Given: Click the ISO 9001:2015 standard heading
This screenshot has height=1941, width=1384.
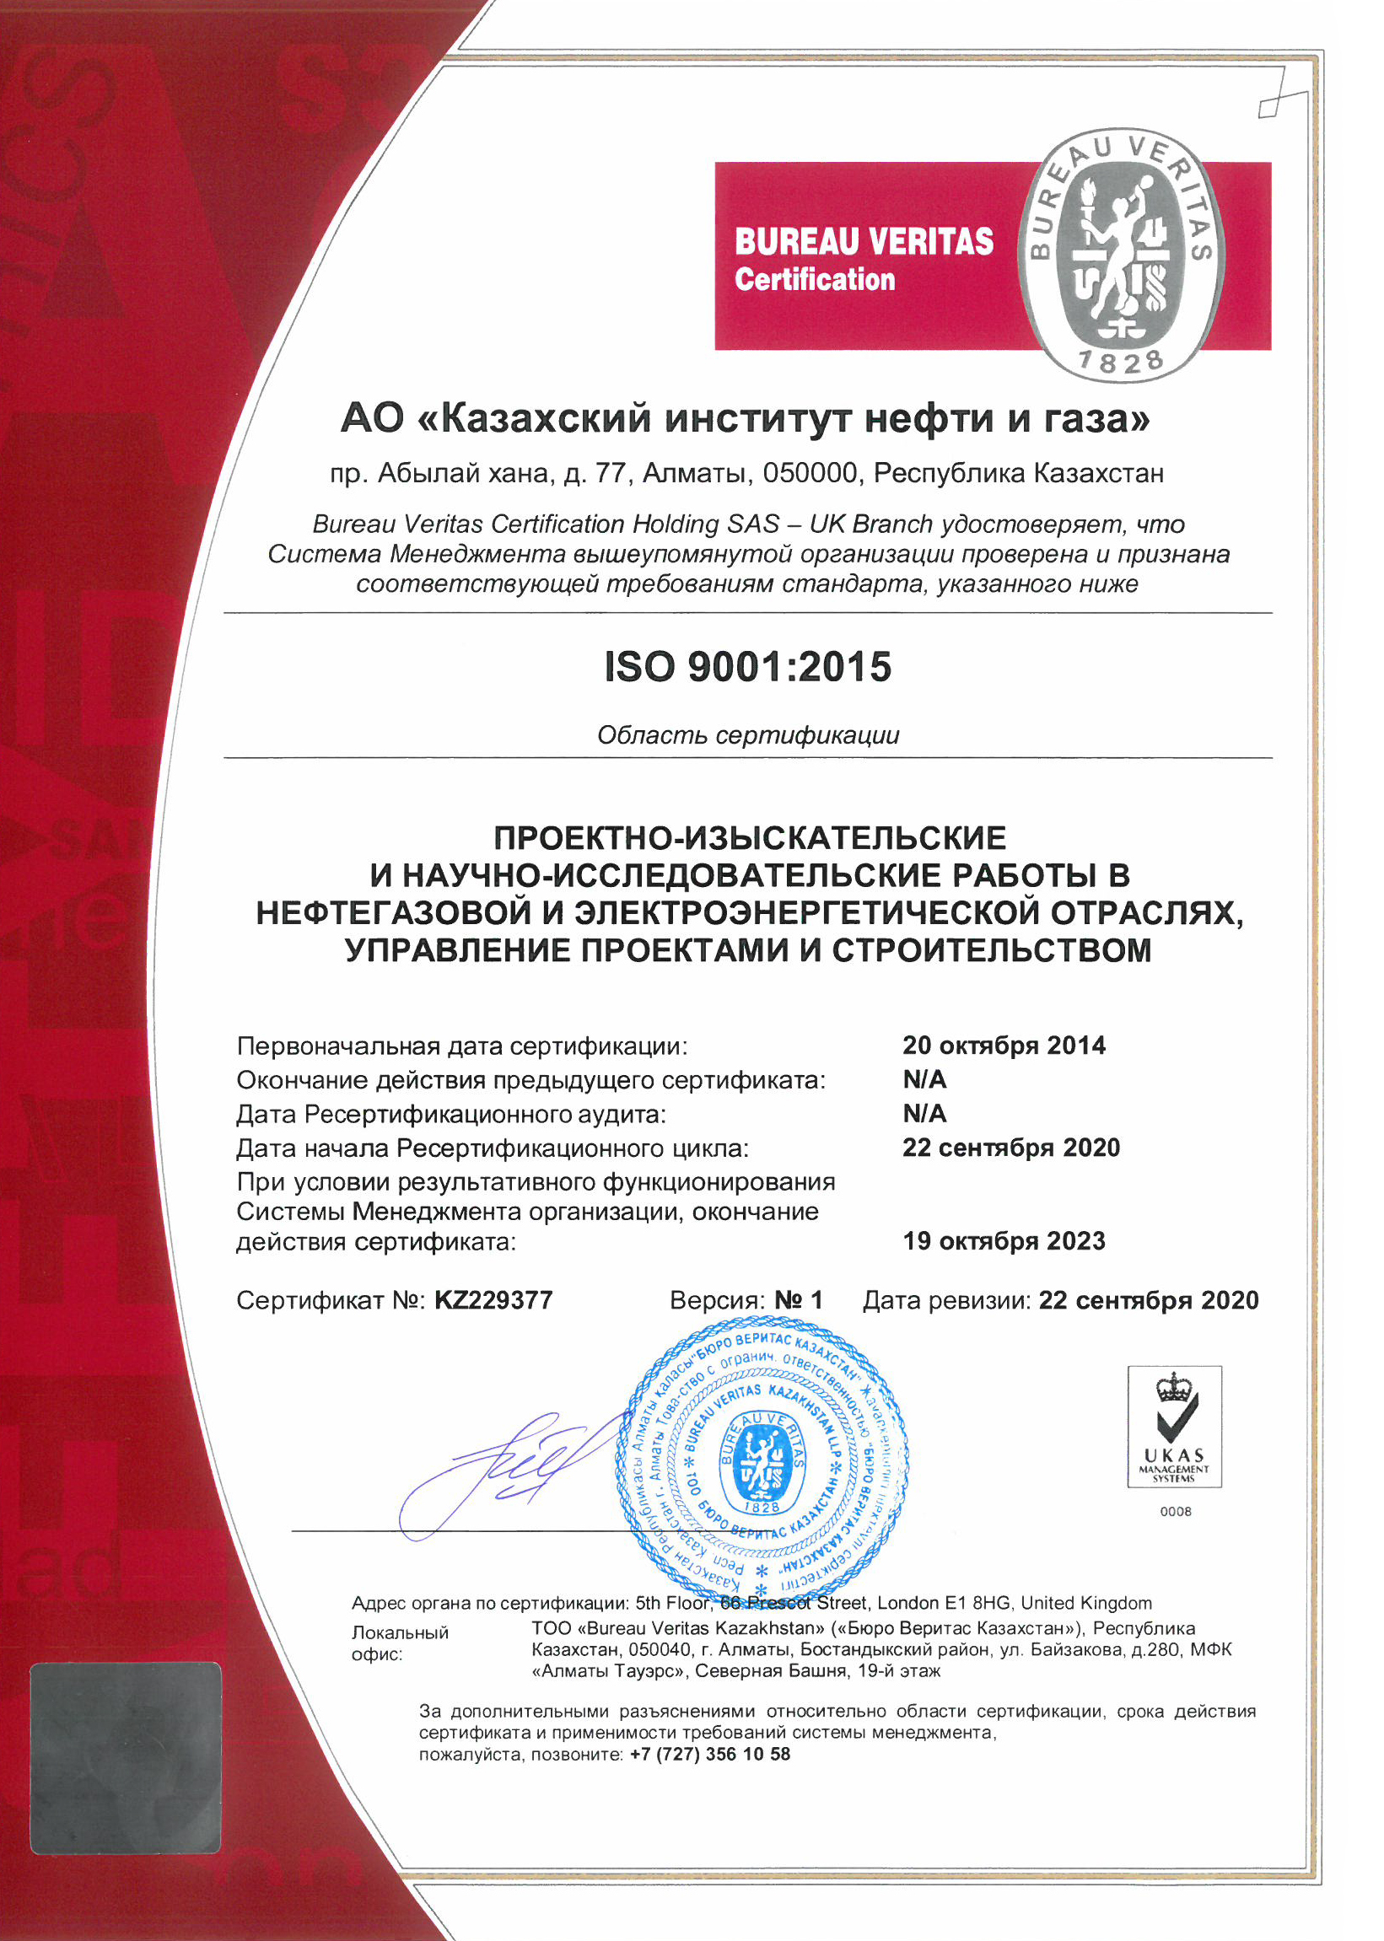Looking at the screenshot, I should coord(747,666).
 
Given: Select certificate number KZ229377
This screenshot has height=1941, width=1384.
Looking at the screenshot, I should coord(493,1300).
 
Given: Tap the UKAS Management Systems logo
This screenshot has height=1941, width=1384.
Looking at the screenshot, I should coord(1174,1427).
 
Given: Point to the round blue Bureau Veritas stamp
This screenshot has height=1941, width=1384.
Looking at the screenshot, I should coord(761,1458).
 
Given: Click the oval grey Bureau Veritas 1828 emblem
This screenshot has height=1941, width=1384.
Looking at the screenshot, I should coord(1122,255).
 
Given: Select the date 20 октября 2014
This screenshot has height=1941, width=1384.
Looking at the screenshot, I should coord(1004,1046).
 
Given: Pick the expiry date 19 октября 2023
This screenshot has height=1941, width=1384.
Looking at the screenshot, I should coord(1004,1240).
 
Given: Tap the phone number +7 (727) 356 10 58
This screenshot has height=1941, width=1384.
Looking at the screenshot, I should coord(710,1755).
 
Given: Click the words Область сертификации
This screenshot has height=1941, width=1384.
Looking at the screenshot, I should coord(747,734).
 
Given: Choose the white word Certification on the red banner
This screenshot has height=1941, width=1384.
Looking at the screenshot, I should coord(815,279).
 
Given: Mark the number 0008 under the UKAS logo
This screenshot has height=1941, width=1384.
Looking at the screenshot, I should coord(1175,1511).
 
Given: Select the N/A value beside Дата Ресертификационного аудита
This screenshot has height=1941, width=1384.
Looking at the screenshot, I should coord(924,1114).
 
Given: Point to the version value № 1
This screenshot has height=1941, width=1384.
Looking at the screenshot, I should coord(799,1300).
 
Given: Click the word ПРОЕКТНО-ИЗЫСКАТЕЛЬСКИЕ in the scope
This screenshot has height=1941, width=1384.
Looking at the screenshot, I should coord(750,838).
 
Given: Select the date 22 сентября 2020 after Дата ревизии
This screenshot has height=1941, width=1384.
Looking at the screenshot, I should coord(1148,1300).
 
